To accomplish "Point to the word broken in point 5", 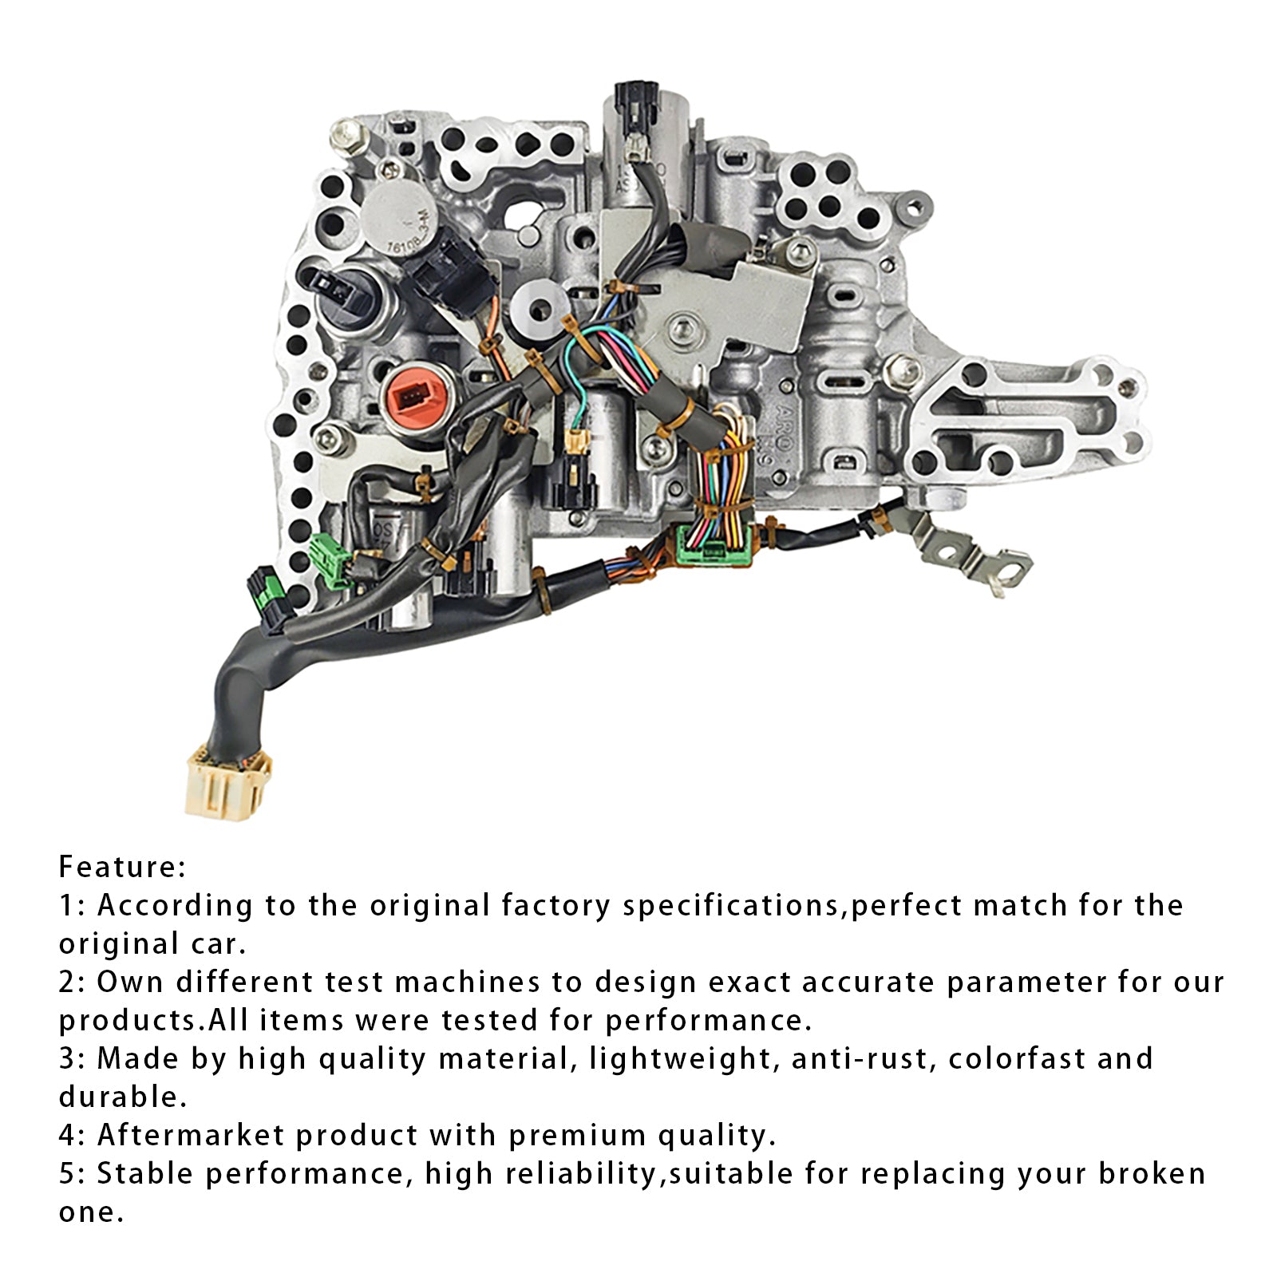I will point(1152,1173).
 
